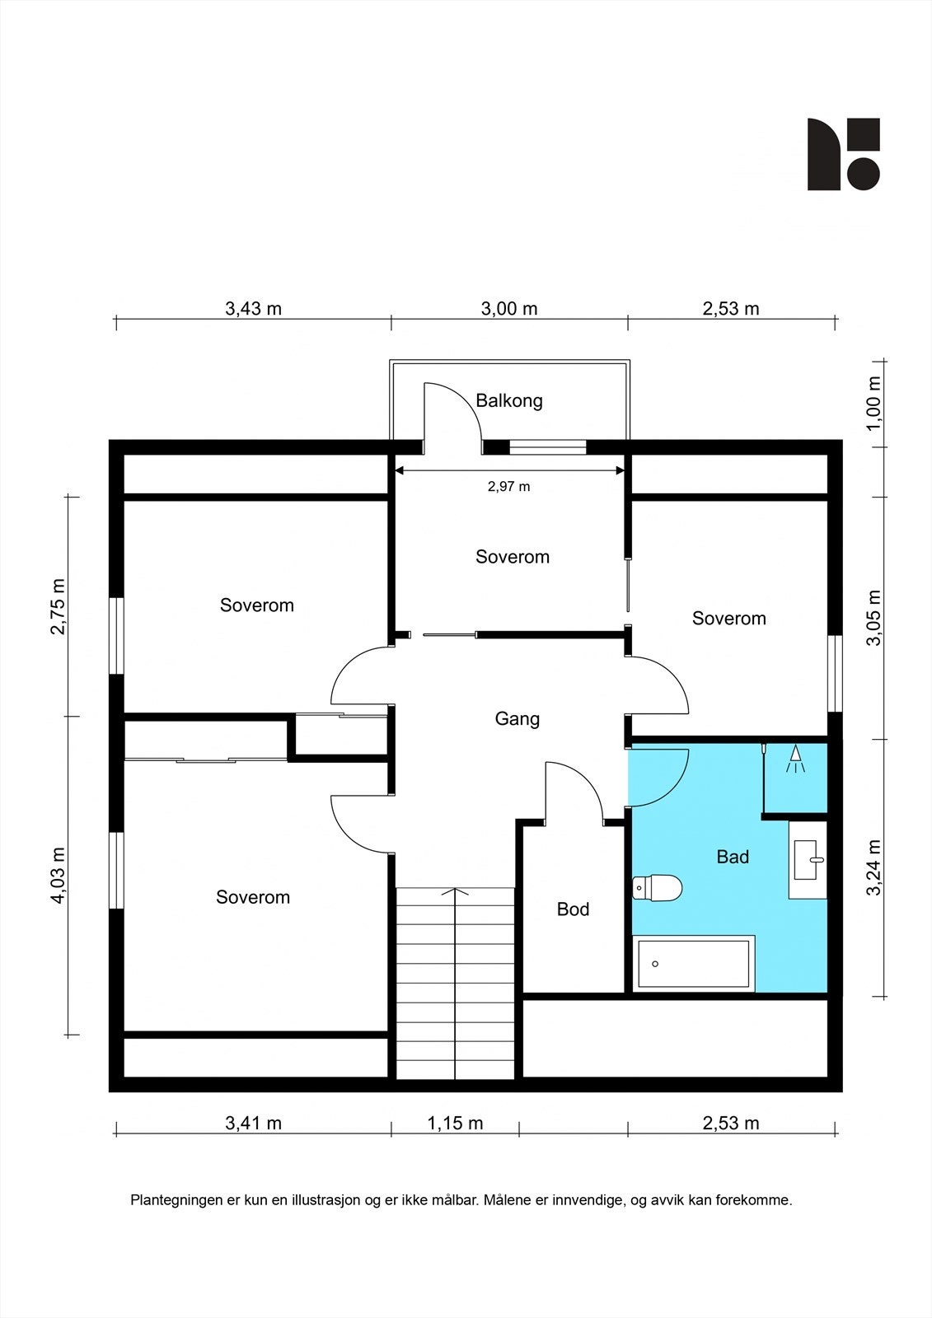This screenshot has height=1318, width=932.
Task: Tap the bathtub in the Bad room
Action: pyautogui.click(x=694, y=964)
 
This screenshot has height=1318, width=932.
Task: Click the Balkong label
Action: pyautogui.click(x=509, y=401)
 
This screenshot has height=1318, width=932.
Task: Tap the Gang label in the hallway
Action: pyautogui.click(x=517, y=718)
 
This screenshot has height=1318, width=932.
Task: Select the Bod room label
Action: pyautogui.click(x=573, y=909)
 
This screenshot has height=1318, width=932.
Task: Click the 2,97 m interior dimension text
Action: pyautogui.click(x=508, y=487)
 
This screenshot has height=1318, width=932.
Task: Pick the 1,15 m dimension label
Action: pyautogui.click(x=455, y=1123)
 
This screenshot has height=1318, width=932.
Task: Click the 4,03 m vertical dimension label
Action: pyautogui.click(x=58, y=876)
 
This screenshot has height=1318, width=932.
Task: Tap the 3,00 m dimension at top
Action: pyautogui.click(x=509, y=309)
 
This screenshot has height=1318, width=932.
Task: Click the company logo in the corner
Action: pyautogui.click(x=843, y=154)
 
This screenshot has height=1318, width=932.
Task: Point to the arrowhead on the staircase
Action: pyautogui.click(x=455, y=891)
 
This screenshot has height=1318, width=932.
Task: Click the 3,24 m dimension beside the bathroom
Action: pyautogui.click(x=874, y=867)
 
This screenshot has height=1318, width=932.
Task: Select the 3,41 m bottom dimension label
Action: pyautogui.click(x=253, y=1123)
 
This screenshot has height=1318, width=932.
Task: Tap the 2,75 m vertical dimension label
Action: pyautogui.click(x=58, y=606)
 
